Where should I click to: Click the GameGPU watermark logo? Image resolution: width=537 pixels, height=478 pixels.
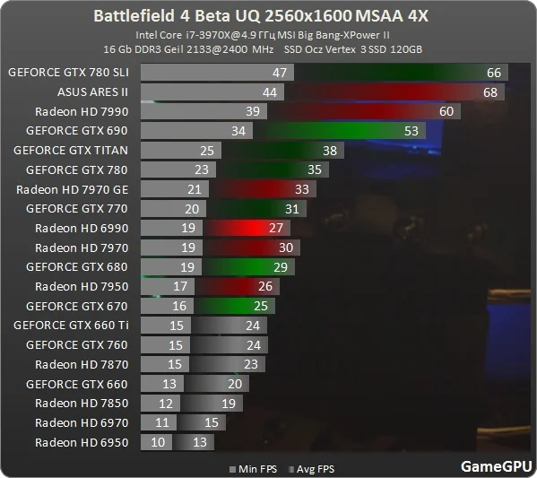coord(497,466)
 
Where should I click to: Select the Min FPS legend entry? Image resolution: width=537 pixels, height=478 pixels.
coord(254,469)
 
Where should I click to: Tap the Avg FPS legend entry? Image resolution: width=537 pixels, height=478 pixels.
coord(312,469)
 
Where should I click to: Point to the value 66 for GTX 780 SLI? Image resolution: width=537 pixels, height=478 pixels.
coord(494,73)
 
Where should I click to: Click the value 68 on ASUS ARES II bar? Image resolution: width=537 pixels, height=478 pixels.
coord(490,92)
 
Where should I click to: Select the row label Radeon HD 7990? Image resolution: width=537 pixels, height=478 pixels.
coord(82,112)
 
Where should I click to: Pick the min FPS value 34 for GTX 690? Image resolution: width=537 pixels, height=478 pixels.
coord(238,131)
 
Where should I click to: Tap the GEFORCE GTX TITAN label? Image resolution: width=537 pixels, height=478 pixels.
coord(71,151)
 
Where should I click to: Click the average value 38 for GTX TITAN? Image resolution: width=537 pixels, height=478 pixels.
coord(330,151)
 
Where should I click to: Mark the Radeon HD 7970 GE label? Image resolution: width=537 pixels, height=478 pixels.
coord(73,189)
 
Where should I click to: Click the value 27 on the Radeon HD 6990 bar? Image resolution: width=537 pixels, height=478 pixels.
coord(276,228)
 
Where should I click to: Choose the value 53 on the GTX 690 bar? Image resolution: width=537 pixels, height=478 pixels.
coord(411,131)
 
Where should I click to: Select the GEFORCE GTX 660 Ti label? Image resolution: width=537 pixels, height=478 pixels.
coord(71,326)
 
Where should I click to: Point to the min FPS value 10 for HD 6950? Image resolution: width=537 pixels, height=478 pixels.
coord(158,442)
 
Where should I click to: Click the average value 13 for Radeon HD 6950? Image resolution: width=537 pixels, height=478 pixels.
coord(200,442)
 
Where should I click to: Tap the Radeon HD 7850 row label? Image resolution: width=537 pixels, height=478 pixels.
coord(82,404)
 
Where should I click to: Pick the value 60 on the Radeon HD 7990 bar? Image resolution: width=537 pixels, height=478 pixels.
coord(446,111)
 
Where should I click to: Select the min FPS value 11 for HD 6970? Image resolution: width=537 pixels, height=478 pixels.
coord(162,422)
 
